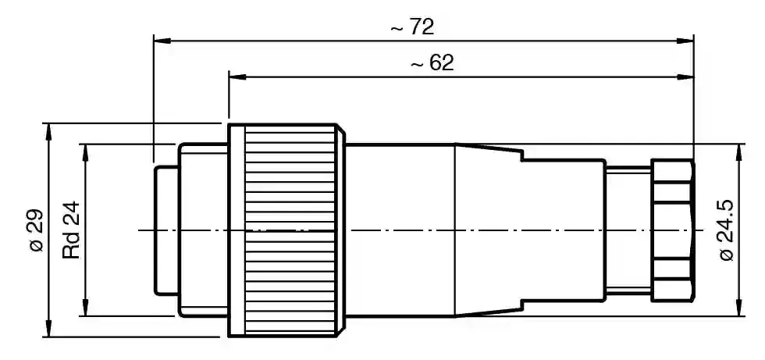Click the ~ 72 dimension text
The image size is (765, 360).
[412, 27]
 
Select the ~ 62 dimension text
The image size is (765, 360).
[432, 63]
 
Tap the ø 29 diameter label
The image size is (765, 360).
[36, 230]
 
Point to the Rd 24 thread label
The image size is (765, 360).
[71, 230]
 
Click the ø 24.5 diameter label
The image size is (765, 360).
[727, 230]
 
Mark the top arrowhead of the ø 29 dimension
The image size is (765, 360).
[48, 133]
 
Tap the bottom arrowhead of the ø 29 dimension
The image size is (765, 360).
[48, 327]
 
